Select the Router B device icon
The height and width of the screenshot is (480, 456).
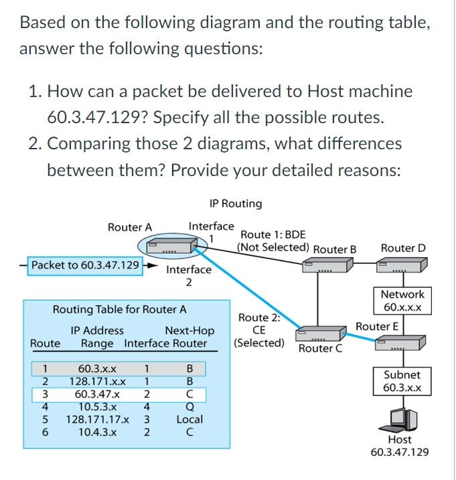coord(326,266)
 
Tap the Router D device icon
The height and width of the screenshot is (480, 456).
coord(399,266)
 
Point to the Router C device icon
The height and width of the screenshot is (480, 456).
coord(319,333)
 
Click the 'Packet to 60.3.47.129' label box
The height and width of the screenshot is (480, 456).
coord(84,265)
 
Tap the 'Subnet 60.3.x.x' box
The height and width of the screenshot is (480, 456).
coord(402,381)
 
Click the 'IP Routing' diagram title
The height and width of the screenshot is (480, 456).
coord(236,203)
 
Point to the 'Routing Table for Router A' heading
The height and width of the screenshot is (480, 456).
coord(120,310)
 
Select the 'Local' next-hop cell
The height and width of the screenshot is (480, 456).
coord(189,420)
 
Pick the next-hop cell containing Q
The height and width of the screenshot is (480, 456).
coord(189,407)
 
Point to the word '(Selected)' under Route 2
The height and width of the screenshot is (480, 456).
coord(258,343)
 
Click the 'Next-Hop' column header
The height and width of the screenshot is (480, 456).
coord(189,330)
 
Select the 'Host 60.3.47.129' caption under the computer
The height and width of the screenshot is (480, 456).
coord(400,446)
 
